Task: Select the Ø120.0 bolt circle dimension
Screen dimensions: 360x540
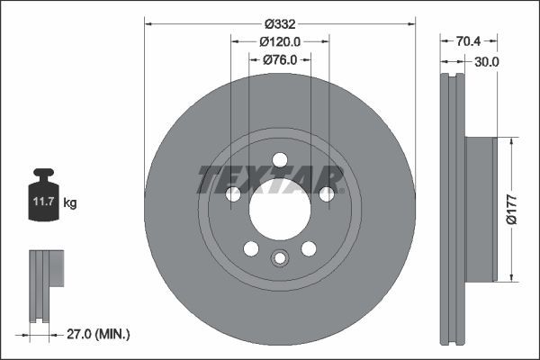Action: pyautogui.click(x=280, y=42)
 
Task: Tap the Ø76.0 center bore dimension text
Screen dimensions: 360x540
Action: pyautogui.click(x=280, y=60)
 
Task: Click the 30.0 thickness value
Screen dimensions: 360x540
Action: pyautogui.click(x=486, y=61)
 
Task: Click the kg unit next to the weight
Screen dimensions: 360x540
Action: pyautogui.click(x=70, y=204)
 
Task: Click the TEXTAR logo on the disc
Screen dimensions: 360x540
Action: pyautogui.click(x=271, y=179)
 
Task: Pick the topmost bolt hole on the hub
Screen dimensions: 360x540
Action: pyautogui.click(x=280, y=160)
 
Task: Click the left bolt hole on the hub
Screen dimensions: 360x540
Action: pyautogui.click(x=233, y=194)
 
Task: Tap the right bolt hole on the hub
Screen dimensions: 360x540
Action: pyautogui.click(x=327, y=194)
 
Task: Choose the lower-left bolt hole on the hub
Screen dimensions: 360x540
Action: pyautogui.click(x=251, y=248)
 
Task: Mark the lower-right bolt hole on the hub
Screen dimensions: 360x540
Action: pyautogui.click(x=309, y=248)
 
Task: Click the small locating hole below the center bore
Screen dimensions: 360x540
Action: pyautogui.click(x=280, y=259)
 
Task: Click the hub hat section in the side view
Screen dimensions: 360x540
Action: pyautogui.click(x=481, y=209)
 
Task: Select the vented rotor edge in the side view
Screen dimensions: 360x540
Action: pyautogui.click(x=452, y=209)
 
